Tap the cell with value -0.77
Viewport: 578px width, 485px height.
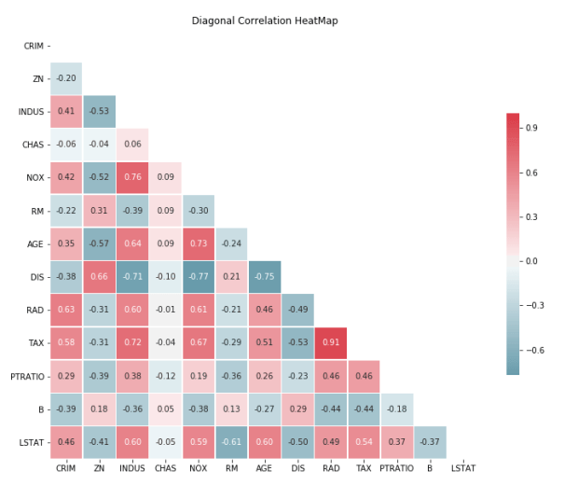tap(198, 276)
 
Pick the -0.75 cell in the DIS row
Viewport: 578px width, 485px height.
tap(265, 276)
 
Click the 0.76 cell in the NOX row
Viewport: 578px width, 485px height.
tap(131, 177)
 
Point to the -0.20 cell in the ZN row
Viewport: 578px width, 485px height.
tap(65, 78)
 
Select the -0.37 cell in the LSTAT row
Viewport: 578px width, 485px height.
tap(430, 441)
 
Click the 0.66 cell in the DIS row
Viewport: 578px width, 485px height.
tap(99, 276)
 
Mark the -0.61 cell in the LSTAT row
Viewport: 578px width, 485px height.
tap(231, 441)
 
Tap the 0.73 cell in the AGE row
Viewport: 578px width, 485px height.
tap(198, 243)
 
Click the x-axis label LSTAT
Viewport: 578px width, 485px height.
tap(463, 469)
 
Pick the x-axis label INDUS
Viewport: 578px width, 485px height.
tap(131, 469)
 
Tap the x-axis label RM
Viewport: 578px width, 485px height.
tap(231, 469)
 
